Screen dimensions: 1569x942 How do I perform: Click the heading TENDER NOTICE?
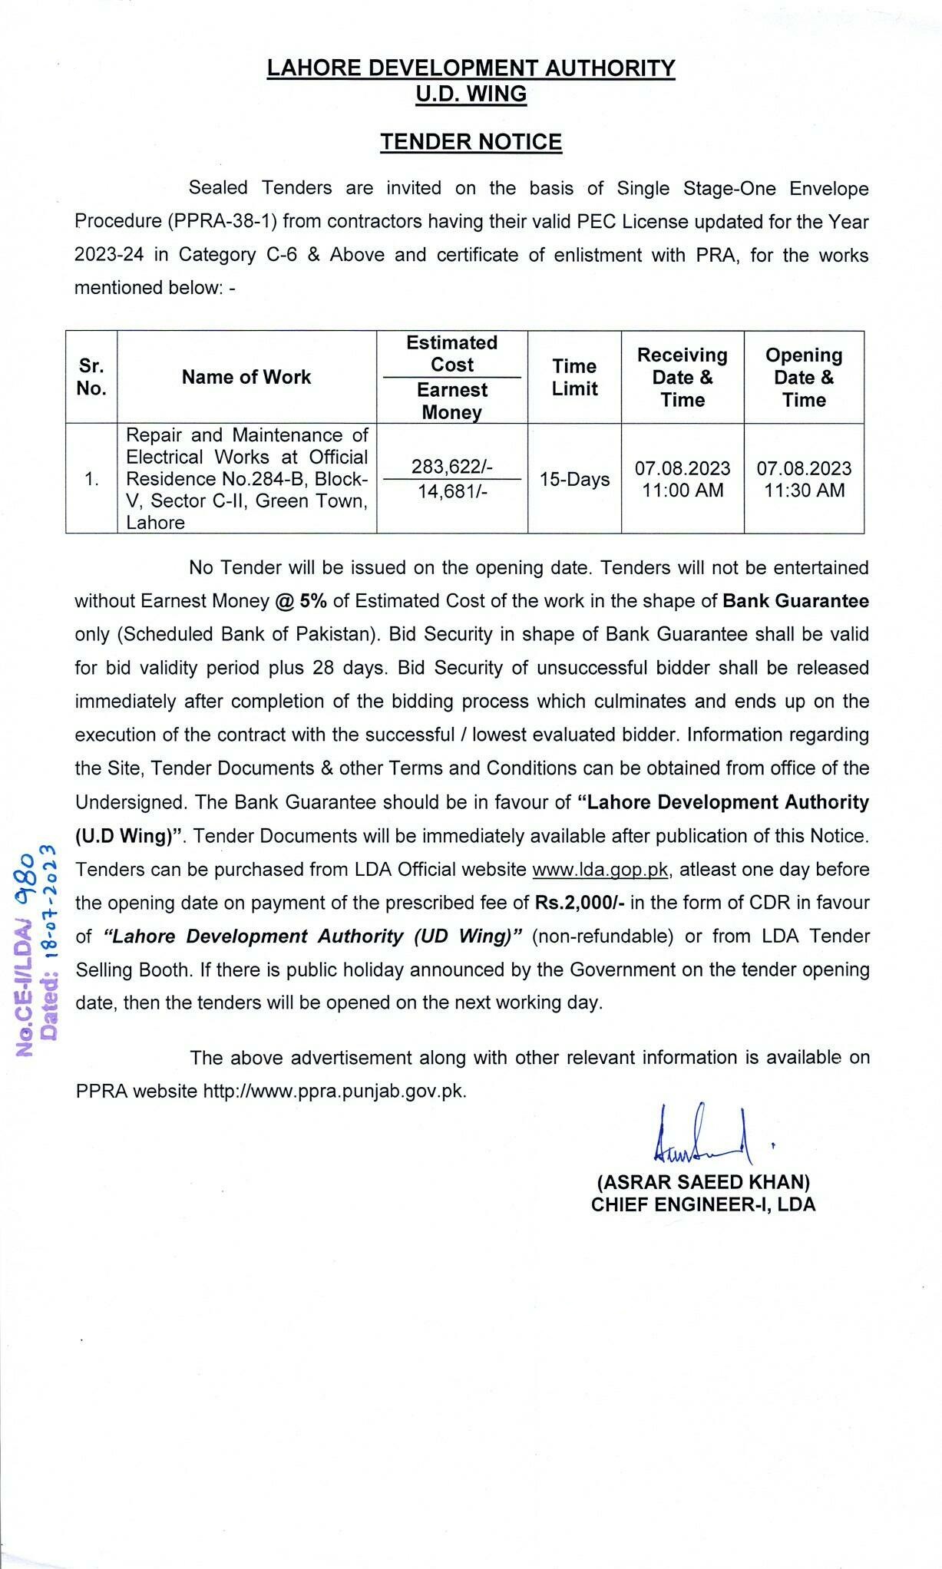[471, 142]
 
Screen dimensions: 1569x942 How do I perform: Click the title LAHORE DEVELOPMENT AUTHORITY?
[471, 68]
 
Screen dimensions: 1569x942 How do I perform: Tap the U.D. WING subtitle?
[471, 94]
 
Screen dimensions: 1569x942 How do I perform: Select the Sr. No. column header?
[91, 377]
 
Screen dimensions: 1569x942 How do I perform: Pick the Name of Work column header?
[246, 377]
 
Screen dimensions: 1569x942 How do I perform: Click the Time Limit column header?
[574, 377]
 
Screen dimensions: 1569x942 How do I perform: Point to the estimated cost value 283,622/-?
[451, 466]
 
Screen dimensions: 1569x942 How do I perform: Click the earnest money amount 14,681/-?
[451, 491]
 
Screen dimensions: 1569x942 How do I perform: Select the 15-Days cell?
[574, 479]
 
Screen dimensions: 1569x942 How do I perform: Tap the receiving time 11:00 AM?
[683, 491]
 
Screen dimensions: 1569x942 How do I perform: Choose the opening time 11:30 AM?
[804, 491]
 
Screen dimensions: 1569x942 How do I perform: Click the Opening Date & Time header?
[804, 377]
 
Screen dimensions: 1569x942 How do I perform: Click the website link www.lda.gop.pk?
[600, 870]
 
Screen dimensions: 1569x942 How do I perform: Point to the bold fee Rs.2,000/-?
[580, 903]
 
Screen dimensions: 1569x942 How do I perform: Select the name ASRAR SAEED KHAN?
[703, 1181]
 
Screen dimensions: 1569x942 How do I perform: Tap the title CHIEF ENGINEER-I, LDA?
[703, 1204]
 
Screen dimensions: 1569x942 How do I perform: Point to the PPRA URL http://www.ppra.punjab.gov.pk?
[334, 1091]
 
